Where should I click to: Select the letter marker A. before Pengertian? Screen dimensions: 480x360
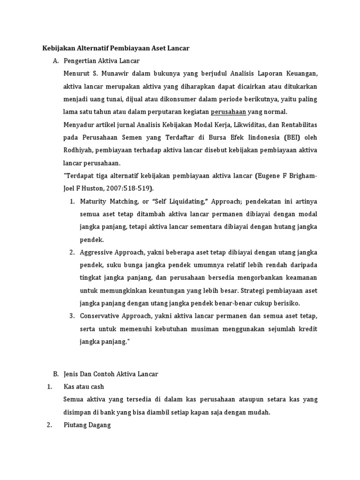pos(56,61)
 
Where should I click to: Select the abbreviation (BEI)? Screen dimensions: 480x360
pos(292,138)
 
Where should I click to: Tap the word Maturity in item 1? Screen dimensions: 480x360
pos(93,201)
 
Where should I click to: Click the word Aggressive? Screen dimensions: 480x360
pos(97,252)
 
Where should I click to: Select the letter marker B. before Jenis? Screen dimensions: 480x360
pos(56,374)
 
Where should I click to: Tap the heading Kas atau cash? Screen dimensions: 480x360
pos(84,387)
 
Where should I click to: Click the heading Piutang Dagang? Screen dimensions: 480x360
pos(87,425)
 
